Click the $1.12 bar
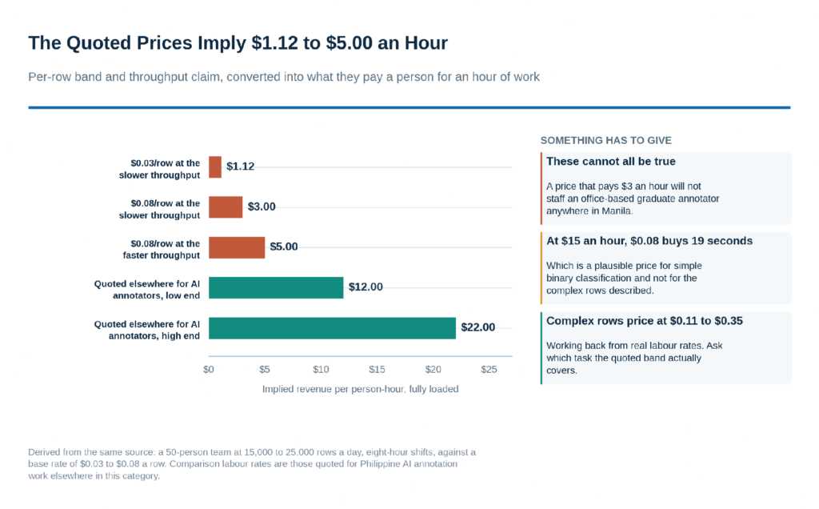[x=214, y=167]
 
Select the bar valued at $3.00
[x=226, y=207]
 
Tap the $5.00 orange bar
[x=237, y=247]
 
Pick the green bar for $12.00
[x=276, y=287]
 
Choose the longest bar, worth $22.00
[x=332, y=327]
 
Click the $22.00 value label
[x=478, y=327]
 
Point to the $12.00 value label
[x=366, y=287]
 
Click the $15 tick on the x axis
[x=377, y=370]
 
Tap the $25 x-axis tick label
[x=489, y=370]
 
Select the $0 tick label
[x=209, y=370]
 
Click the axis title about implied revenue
[x=361, y=389]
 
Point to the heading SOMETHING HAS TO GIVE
[x=606, y=141]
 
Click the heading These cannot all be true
[x=610, y=162]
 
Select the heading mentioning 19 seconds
[x=649, y=241]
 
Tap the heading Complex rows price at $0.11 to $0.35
[x=645, y=321]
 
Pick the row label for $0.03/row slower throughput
[x=159, y=170]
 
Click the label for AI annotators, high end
[x=147, y=330]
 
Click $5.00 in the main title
[x=350, y=43]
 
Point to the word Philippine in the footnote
[x=380, y=464]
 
